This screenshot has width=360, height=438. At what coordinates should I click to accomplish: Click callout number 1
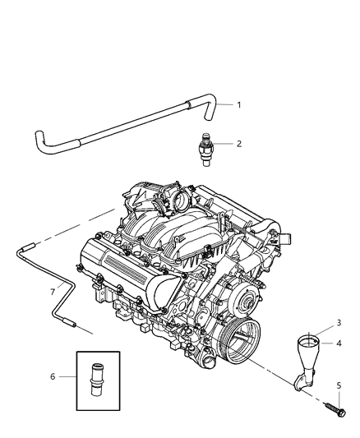239,105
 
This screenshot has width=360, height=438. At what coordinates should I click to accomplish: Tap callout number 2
239,144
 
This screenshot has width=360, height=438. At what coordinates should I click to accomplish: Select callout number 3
339,323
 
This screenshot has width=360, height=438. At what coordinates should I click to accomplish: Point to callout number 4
339,343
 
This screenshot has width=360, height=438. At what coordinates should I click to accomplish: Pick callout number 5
339,385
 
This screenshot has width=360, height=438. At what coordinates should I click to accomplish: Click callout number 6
53,376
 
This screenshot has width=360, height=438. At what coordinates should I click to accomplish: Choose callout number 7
53,292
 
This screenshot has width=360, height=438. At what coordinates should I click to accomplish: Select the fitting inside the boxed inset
98,380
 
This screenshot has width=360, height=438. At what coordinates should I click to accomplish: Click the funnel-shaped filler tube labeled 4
307,361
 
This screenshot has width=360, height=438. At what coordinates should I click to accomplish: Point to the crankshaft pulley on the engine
240,339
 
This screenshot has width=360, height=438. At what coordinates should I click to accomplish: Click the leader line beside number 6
67,376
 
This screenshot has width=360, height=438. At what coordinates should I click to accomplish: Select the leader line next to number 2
223,144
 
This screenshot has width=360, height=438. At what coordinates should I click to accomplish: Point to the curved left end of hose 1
40,141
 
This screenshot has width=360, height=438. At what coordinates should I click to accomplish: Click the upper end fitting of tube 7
29,246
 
